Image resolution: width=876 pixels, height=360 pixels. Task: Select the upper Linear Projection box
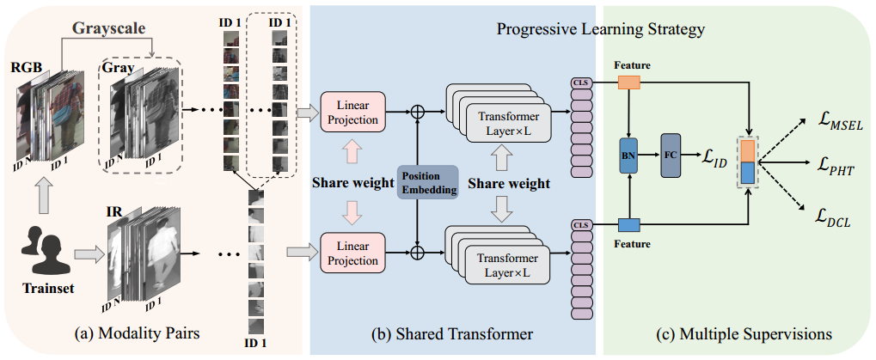click(352, 112)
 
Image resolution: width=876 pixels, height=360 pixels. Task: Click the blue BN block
click(629, 156)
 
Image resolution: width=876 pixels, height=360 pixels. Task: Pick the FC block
click(671, 156)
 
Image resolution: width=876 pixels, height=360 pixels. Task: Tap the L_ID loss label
click(715, 156)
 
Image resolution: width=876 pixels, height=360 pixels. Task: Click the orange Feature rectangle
click(629, 82)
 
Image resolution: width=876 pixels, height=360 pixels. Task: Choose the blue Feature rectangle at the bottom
click(629, 226)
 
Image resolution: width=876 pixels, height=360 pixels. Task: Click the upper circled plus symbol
click(419, 111)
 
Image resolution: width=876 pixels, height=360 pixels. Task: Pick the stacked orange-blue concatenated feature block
click(747, 162)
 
